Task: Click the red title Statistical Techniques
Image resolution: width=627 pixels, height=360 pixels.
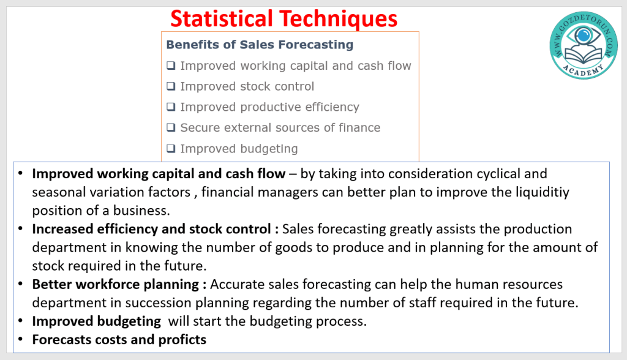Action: (x=284, y=19)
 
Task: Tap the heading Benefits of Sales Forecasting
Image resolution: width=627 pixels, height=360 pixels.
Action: (x=260, y=45)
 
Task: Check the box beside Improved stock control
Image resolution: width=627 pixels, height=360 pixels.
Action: (x=171, y=86)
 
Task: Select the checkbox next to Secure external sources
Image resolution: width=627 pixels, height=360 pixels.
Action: (x=171, y=127)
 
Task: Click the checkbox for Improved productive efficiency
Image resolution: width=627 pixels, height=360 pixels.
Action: (x=171, y=107)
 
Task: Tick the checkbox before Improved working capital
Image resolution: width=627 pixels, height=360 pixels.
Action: (x=171, y=65)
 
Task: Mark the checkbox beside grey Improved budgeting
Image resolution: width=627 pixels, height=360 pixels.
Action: (x=171, y=148)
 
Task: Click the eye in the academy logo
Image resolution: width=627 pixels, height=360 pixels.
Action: (x=584, y=36)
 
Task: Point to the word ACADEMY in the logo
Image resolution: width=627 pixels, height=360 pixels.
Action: (x=584, y=70)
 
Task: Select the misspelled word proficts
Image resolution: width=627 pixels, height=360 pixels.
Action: (x=182, y=340)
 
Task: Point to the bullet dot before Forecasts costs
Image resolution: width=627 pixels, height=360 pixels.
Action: (x=20, y=339)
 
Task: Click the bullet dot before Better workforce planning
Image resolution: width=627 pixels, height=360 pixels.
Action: (x=20, y=284)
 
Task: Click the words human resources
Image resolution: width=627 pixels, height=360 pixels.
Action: (x=509, y=285)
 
